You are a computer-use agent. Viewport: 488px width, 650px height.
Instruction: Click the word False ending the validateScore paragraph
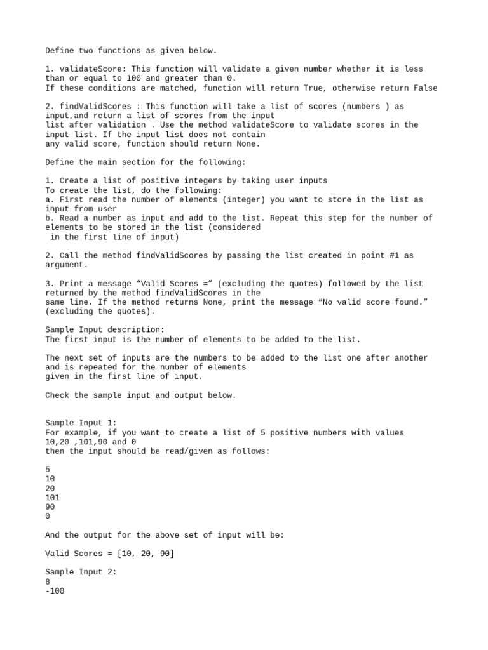(x=425, y=88)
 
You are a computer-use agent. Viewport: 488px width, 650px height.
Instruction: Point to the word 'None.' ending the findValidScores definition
(x=248, y=143)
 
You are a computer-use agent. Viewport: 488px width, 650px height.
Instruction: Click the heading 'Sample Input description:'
(x=105, y=329)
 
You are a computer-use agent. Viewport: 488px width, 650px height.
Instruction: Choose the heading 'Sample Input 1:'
(x=81, y=423)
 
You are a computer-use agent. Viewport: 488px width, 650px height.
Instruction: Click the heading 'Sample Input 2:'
(x=81, y=572)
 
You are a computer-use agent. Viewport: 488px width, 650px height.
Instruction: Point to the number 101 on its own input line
(x=52, y=498)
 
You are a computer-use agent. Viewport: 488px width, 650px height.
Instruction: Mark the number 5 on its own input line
(x=48, y=470)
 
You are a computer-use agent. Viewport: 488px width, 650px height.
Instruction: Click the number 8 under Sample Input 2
(x=48, y=581)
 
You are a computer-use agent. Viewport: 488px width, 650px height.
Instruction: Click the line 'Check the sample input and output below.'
(x=140, y=395)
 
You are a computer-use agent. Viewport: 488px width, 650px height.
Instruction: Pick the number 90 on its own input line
(x=50, y=507)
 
